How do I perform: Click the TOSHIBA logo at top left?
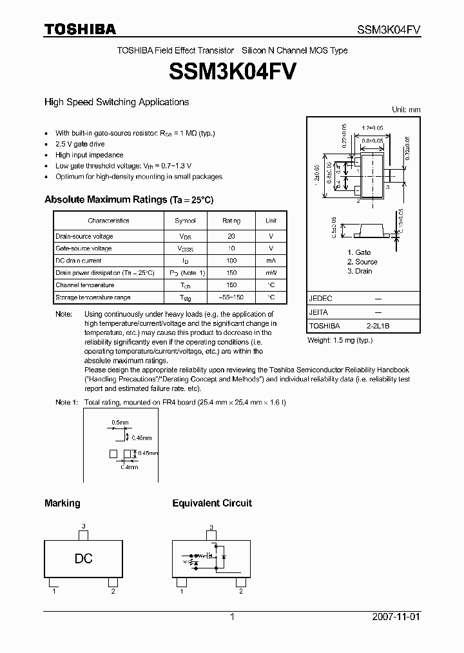point(80,29)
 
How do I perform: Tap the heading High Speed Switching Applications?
point(116,102)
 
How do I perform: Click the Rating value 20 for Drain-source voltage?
point(231,236)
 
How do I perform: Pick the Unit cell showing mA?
point(271,261)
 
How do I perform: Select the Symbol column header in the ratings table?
point(185,221)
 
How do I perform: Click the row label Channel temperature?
point(84,285)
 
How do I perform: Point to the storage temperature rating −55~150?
point(231,297)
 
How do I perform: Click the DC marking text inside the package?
point(84,559)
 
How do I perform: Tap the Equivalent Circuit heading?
point(212,503)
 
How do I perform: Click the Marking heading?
point(62,503)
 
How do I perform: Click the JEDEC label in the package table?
point(320,299)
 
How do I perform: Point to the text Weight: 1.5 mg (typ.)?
point(340,340)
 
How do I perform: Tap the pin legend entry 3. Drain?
point(360,271)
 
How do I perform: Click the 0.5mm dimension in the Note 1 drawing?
point(120,423)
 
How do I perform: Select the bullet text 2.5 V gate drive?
point(80,144)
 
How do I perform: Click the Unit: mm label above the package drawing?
point(406,110)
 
